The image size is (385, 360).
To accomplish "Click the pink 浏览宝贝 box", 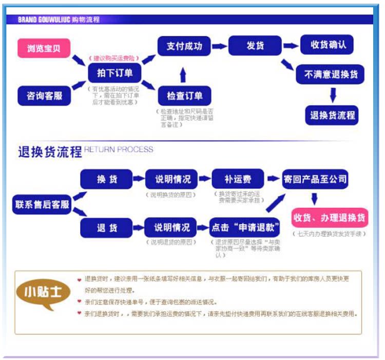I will coord(44,48).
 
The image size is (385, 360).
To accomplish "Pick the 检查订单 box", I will coord(184,96).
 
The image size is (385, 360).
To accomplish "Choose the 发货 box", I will coord(255,46).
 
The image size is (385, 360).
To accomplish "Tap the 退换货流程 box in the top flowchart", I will coord(332,115).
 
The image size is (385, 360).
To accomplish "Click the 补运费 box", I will coord(237,180).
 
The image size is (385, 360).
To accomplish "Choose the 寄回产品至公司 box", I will coord(315,180).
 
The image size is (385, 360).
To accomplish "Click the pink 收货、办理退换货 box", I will coord(330,218).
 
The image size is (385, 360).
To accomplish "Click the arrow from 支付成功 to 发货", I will coord(219,46).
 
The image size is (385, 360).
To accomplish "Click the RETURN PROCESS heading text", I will coord(119,150).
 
